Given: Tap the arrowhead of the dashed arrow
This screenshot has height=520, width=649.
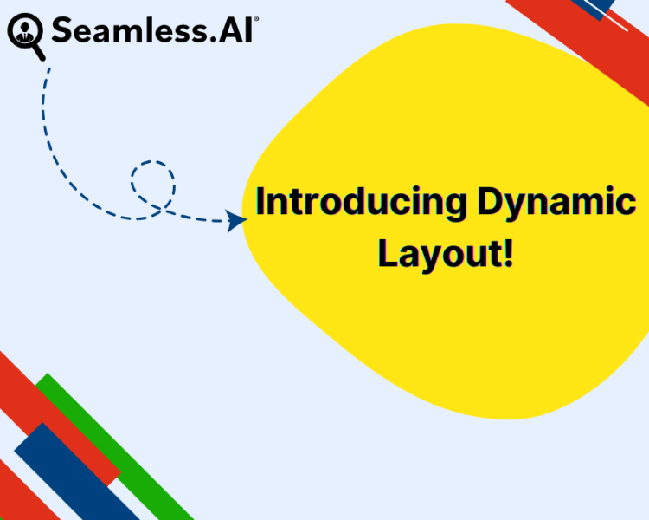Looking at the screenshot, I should [x=236, y=221].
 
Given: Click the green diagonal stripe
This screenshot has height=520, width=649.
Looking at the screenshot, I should [x=112, y=446].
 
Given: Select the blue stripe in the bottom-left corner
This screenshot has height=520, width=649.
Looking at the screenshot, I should [x=69, y=472].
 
